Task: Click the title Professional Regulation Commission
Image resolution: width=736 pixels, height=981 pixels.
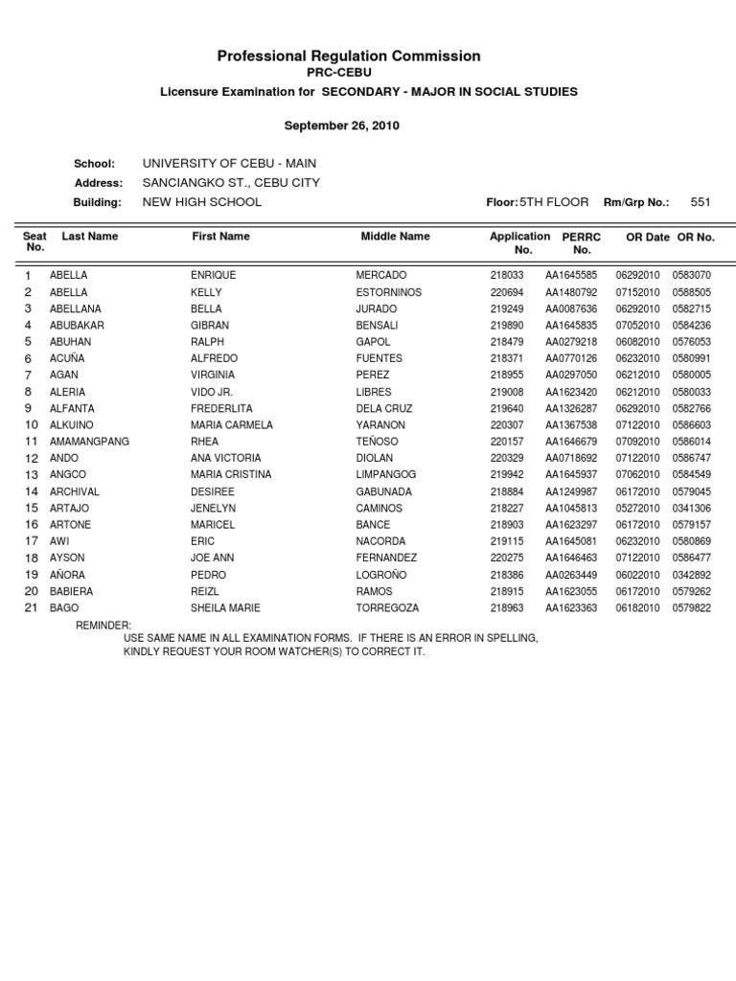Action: pos(349,57)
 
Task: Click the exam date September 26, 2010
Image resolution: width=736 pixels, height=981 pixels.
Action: pos(342,125)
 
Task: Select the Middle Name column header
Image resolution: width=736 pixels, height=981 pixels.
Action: pos(395,236)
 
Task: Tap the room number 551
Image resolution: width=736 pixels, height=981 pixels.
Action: pos(701,202)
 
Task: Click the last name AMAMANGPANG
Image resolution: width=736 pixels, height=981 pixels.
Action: pos(89,442)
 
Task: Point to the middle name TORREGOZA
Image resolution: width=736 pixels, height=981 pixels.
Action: pos(388,608)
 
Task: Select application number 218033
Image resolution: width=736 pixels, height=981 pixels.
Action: pos(506,275)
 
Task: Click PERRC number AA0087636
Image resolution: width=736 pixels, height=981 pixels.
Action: pos(571,308)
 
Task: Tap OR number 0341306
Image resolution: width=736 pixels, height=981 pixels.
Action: pos(692,509)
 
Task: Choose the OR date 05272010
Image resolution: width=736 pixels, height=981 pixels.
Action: pos(637,509)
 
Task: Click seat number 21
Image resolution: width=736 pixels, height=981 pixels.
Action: pos(31,608)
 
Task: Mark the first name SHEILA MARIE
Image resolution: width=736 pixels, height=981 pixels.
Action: pos(225,608)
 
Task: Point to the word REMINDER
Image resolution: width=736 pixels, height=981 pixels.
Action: pos(103,625)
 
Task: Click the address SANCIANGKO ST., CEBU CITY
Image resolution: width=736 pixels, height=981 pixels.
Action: pos(231,182)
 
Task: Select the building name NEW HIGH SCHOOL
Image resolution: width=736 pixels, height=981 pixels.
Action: pos(201,202)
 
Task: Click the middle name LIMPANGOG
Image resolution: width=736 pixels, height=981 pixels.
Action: pos(388,475)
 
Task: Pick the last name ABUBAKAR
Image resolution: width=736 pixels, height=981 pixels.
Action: pos(77,325)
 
